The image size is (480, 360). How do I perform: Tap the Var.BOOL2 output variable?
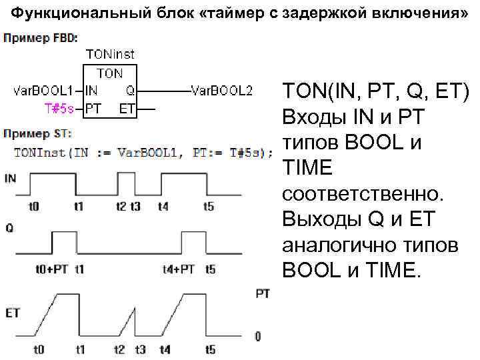click(221, 90)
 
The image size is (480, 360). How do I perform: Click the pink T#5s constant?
click(59, 107)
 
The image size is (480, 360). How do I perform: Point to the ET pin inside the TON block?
click(126, 107)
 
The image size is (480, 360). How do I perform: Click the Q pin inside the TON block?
click(130, 90)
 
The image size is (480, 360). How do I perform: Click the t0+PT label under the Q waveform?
click(50, 270)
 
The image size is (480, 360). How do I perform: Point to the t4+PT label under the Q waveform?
click(179, 270)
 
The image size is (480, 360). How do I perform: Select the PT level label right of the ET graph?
click(263, 293)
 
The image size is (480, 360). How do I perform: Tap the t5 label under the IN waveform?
click(209, 207)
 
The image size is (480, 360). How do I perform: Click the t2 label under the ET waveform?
click(119, 349)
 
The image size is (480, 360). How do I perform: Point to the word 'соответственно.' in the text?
click(361, 195)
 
